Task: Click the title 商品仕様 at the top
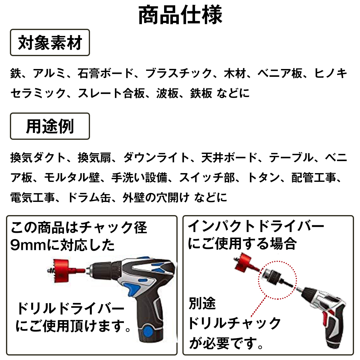click(x=180, y=15)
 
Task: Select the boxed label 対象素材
click(x=50, y=43)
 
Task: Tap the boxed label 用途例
click(x=50, y=126)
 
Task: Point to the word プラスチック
click(x=179, y=73)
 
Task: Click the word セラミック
click(x=38, y=93)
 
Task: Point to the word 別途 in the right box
click(x=202, y=303)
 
